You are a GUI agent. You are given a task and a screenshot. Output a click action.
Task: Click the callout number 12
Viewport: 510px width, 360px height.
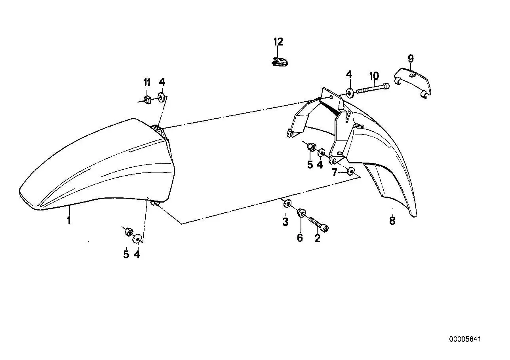[x=278, y=42]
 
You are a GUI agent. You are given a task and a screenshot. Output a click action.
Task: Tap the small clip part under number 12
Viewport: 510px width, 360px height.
[x=280, y=62]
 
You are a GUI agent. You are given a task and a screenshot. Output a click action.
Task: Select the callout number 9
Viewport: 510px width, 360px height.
[x=411, y=59]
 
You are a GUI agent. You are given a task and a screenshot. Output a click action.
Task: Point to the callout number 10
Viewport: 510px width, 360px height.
[x=374, y=76]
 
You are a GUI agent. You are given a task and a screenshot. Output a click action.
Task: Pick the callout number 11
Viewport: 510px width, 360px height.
[x=147, y=82]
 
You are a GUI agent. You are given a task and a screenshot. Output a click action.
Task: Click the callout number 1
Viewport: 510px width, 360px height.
[x=69, y=220]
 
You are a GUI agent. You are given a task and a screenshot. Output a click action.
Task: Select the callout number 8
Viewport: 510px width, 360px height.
[x=392, y=221]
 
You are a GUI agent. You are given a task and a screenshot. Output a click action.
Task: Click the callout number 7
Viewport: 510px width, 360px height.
[x=334, y=172]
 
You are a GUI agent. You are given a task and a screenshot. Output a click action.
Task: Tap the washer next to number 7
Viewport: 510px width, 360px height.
[x=351, y=171]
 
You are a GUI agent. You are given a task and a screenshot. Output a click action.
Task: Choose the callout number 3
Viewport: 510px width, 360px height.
[x=285, y=222]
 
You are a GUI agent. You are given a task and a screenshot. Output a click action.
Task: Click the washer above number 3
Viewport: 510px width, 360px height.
[x=287, y=203]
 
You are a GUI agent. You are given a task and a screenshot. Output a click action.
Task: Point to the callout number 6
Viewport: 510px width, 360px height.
[x=300, y=238]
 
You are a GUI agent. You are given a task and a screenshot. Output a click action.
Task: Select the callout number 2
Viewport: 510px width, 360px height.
[x=317, y=238]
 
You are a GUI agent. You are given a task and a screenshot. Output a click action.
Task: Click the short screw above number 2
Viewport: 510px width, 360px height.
[x=318, y=224]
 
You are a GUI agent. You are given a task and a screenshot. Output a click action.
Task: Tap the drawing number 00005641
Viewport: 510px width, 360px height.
[x=465, y=345]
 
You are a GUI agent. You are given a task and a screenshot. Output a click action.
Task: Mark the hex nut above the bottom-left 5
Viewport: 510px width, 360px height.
[x=129, y=232]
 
